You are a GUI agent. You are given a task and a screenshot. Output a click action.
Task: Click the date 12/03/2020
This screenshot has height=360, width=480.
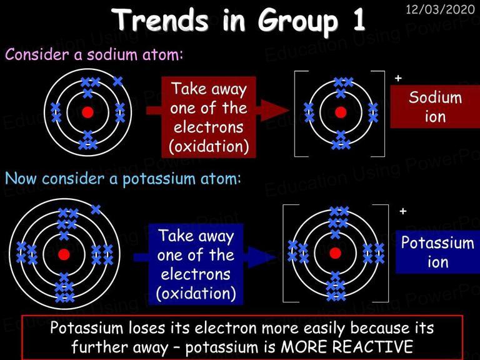[x=440, y=9]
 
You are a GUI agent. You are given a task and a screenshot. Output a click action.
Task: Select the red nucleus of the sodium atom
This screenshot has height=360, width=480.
[x=87, y=112]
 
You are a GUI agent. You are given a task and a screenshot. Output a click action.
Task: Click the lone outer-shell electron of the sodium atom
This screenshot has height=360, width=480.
[x=117, y=81]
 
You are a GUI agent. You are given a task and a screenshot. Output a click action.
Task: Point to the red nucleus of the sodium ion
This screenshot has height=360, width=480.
[x=341, y=112]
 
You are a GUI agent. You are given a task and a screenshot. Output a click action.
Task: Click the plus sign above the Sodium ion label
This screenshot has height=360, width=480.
[x=398, y=78]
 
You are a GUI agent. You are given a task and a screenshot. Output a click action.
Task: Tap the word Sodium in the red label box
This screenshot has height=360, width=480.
[x=435, y=97]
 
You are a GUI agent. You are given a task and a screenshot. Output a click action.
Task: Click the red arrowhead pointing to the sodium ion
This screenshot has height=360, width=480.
[x=272, y=110]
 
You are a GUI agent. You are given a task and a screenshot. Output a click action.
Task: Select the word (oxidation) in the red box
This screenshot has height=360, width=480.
[x=209, y=146]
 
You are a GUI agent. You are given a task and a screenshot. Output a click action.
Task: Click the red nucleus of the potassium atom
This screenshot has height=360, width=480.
[x=64, y=254]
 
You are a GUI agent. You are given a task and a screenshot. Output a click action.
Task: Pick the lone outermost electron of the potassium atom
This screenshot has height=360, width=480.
[x=96, y=210]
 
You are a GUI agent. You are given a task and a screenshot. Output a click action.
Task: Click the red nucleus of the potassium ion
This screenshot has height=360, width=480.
[x=335, y=253]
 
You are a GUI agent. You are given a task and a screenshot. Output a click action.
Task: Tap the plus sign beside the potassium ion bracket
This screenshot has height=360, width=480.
[x=403, y=211]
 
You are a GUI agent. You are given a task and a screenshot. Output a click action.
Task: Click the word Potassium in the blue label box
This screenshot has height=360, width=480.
[x=437, y=242]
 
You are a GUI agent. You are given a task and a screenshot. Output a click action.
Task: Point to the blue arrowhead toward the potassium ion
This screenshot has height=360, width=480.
[x=259, y=257]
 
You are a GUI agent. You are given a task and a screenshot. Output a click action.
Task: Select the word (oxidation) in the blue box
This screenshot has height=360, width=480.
[x=196, y=293]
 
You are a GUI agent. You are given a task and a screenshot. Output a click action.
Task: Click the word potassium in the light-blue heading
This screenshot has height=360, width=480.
[x=159, y=179]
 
